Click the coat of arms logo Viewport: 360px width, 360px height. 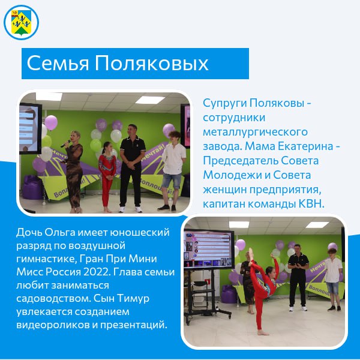tap(21, 22)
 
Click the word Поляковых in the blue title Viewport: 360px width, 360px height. tap(152, 63)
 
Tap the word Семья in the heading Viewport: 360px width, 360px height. tap(58, 63)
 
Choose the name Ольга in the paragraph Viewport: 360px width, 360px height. tap(60, 233)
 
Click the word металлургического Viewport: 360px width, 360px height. tap(255, 133)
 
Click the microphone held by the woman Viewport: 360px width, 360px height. tap(65, 144)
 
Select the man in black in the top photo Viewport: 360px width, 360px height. tap(132, 168)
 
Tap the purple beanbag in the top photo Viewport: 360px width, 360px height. tap(32, 187)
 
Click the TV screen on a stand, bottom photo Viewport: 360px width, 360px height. tap(209, 249)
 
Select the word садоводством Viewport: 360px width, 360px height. tap(53, 298)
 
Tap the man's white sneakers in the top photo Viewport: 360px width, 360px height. tap(131, 209)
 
